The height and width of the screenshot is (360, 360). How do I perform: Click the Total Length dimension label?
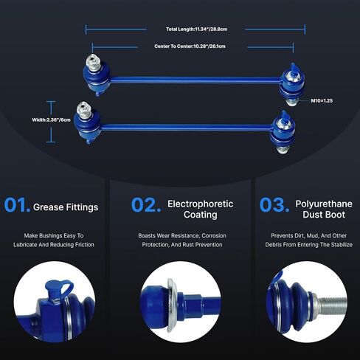[196, 30]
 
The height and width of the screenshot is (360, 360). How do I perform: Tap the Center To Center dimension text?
[190, 46]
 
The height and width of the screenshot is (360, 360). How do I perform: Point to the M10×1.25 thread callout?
[322, 100]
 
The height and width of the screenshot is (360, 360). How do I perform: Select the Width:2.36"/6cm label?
[51, 120]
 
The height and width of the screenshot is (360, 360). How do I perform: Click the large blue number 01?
[17, 205]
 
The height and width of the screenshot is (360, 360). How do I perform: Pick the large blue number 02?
[146, 205]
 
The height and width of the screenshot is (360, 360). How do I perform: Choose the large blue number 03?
[274, 205]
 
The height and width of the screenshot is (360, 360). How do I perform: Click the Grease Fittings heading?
[66, 207]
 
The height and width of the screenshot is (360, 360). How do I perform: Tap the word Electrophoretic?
[201, 204]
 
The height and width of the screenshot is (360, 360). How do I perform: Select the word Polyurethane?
[324, 204]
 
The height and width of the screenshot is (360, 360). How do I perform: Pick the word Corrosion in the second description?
[214, 235]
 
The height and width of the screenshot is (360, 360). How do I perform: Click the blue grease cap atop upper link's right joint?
[294, 69]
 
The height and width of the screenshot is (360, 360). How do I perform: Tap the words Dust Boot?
[324, 215]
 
